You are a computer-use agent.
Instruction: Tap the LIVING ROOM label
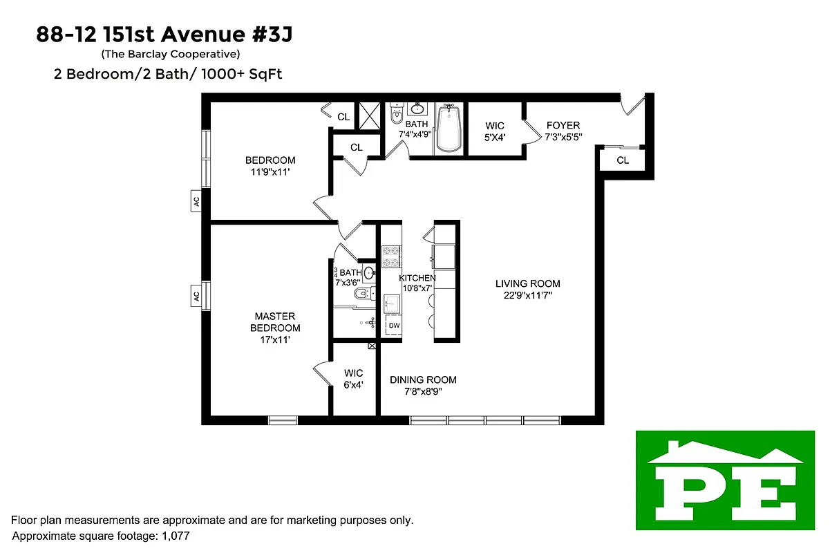528,283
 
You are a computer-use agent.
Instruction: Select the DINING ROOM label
423,379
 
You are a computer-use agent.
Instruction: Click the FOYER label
563,125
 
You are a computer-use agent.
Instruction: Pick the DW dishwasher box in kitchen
394,325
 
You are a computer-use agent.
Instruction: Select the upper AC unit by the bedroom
197,201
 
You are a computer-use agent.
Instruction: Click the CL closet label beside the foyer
623,160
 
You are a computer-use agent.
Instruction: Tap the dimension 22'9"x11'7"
528,294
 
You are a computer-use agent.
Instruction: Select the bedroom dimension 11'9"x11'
270,171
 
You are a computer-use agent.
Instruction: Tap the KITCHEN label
417,278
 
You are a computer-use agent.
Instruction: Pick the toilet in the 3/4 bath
361,294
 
